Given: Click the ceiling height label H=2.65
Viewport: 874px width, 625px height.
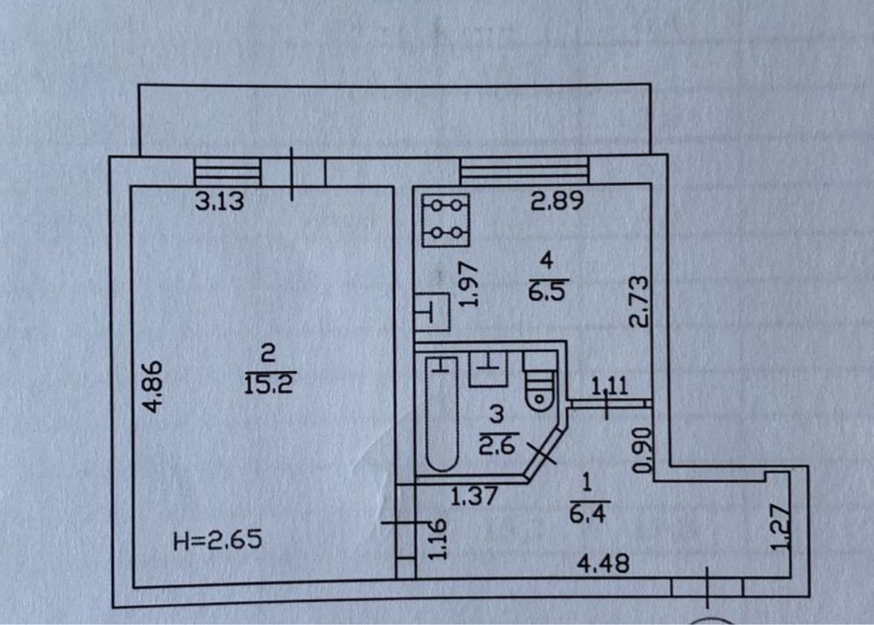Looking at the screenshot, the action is (x=218, y=539).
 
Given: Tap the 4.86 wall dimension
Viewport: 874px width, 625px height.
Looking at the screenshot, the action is (x=153, y=387).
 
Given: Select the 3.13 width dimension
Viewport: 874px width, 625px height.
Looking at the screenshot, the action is (x=219, y=201).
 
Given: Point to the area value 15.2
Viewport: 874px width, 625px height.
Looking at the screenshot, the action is (x=268, y=384).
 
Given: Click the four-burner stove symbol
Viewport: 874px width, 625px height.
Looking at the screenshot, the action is (x=446, y=220).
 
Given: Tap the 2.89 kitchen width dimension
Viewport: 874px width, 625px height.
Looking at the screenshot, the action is (x=557, y=201).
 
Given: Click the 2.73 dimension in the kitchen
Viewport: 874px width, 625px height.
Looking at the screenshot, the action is (x=639, y=301).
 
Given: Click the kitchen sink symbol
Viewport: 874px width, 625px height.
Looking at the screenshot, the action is (x=433, y=312).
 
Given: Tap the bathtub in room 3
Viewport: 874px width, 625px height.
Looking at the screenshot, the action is (x=442, y=415).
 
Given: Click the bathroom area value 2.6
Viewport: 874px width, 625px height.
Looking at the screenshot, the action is (x=498, y=445).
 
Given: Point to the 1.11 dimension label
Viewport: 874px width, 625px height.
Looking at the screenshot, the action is (x=609, y=386).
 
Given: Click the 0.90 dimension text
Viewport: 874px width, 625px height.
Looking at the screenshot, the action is (x=643, y=450).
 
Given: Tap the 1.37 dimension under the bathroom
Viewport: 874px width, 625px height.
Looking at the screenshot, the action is (x=473, y=496).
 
